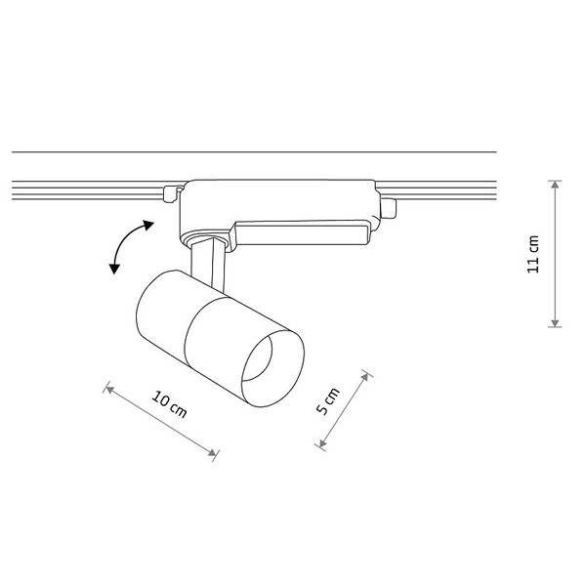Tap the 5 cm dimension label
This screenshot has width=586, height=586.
(x=329, y=401)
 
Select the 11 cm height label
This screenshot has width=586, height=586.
(x=533, y=254)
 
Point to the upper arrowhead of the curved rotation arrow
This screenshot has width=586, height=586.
(x=148, y=225)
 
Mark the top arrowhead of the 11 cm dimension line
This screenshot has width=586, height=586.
(x=555, y=185)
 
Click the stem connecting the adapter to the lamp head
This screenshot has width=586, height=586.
(x=209, y=261)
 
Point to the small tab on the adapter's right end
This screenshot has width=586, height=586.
(x=389, y=207)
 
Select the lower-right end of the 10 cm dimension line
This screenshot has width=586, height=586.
(x=217, y=453)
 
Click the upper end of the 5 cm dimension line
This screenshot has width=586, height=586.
(x=367, y=373)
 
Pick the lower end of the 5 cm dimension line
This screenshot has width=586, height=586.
(x=319, y=446)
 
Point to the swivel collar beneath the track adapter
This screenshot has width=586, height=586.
(x=207, y=236)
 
